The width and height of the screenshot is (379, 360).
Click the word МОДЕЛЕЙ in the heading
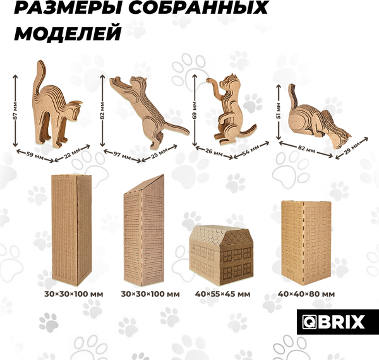tap(67, 33)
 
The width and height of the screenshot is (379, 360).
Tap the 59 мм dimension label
tap(35, 153)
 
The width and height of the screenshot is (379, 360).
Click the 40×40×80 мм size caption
tap(306, 294)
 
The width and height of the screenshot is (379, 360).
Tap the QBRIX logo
tap(331, 321)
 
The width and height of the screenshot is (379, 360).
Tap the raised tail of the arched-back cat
tap(39, 76)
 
